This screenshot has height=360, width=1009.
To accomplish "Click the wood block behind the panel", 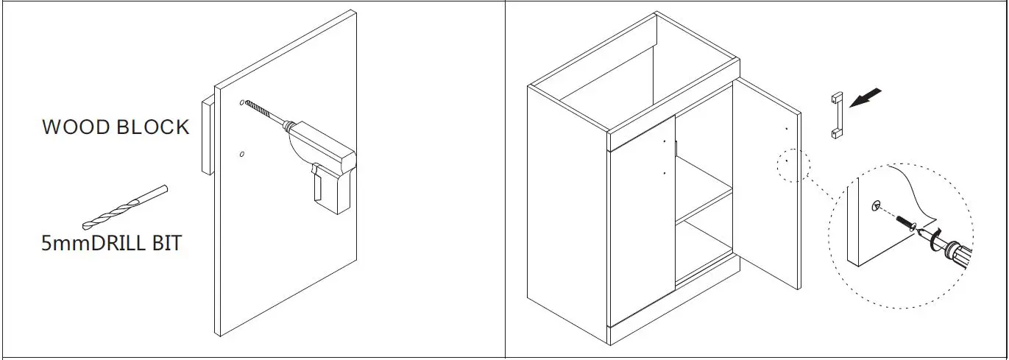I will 207,136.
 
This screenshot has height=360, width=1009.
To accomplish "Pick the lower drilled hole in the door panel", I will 242,154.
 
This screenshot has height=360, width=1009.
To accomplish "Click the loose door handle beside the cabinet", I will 836,116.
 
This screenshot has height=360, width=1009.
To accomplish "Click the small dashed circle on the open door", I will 793,165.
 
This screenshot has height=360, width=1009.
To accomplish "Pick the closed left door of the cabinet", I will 640,228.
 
